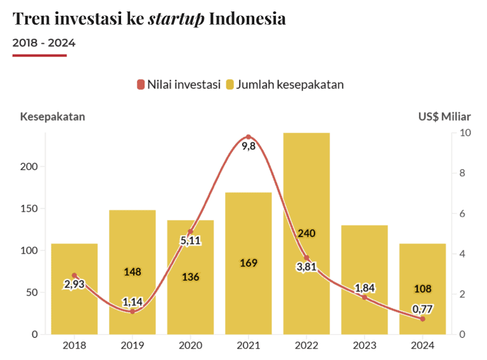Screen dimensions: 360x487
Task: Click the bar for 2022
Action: point(306,190)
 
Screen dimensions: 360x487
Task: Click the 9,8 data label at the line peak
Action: point(249,146)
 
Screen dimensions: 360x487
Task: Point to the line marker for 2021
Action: point(249,137)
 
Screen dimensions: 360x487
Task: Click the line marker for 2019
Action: point(133,311)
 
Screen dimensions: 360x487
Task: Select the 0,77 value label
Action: point(422,309)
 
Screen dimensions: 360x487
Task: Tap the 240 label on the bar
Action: point(306,233)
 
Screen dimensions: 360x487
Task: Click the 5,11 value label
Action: point(190,241)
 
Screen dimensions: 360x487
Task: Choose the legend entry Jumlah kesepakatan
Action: point(285,84)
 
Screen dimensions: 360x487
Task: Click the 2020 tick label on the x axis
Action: point(190,345)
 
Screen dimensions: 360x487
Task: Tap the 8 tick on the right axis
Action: point(465,173)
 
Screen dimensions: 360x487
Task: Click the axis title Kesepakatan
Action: point(53,117)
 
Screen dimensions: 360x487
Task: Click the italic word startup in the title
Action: point(176,19)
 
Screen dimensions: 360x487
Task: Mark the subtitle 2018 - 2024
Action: point(44,43)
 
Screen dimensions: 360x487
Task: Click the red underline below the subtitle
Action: point(39,55)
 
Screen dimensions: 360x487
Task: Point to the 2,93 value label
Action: point(74,284)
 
